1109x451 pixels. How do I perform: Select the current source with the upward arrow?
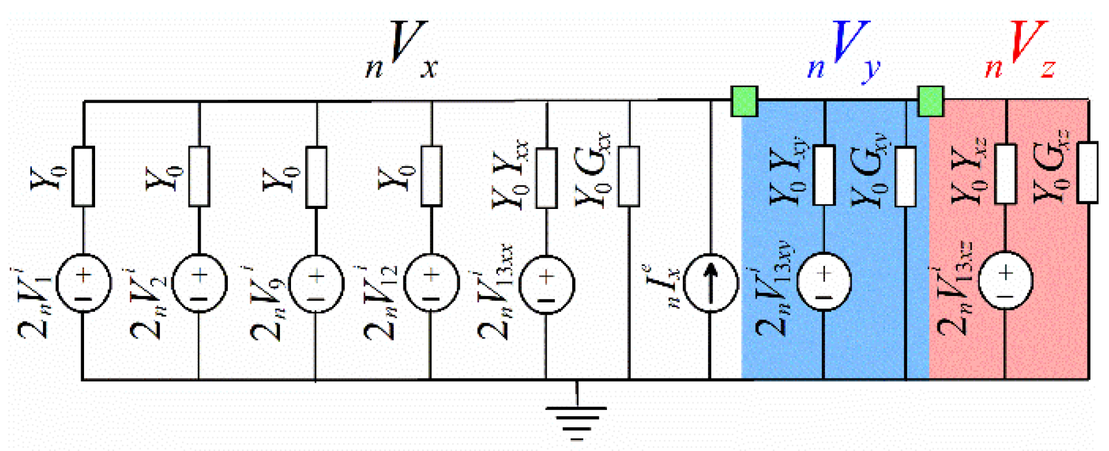pos(710,283)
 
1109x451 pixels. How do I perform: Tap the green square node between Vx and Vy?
pos(744,101)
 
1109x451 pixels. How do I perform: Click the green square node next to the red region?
pos(930,101)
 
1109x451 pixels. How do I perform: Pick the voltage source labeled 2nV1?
pos(83,284)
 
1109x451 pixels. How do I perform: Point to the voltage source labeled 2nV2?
pos(199,284)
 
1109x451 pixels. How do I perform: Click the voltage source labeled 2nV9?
pos(316,284)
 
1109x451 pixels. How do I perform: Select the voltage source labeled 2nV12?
pos(431,284)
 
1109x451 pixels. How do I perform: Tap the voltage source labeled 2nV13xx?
pos(546,284)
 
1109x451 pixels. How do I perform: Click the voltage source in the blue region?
pos(824,282)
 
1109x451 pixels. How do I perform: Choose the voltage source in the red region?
pos(1006,280)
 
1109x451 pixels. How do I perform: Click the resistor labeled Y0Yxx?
pos(546,177)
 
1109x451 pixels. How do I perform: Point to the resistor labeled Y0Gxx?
pos(629,176)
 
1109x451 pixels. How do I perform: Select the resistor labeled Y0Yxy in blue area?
pos(824,175)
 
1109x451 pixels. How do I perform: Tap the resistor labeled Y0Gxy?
pos(906,176)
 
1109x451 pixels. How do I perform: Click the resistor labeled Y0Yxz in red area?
pos(1006,174)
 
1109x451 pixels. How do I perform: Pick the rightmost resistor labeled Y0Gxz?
pos(1088,172)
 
